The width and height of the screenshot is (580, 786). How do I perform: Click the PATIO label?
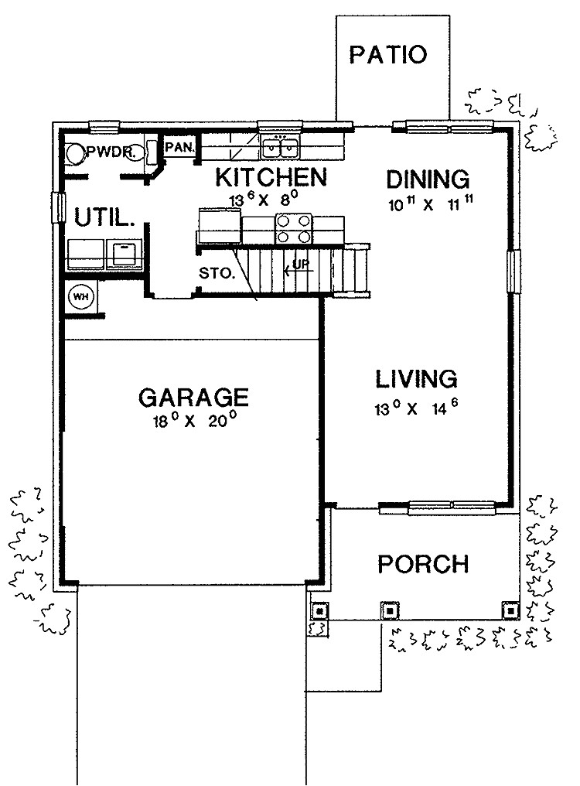(388, 55)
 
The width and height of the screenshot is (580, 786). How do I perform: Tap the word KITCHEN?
(271, 177)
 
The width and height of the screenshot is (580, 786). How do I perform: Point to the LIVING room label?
(417, 379)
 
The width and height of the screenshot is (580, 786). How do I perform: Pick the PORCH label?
(423, 564)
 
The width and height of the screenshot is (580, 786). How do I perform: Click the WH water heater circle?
(80, 296)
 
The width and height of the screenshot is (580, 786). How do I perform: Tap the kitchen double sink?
(281, 145)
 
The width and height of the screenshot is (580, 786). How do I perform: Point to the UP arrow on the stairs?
(296, 268)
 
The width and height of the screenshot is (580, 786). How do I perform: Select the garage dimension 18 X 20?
(194, 422)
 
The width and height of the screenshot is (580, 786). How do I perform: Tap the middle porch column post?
(391, 610)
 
